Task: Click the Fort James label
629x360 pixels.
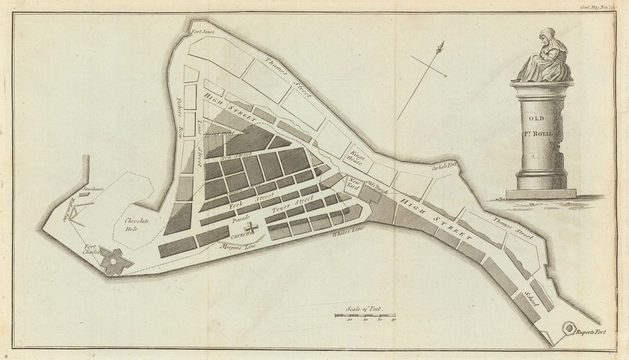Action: [x=202, y=32]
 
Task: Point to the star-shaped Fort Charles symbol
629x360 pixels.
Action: [x=115, y=261]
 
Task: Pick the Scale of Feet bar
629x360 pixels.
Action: [x=365, y=315]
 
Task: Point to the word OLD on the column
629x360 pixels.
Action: [x=536, y=118]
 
